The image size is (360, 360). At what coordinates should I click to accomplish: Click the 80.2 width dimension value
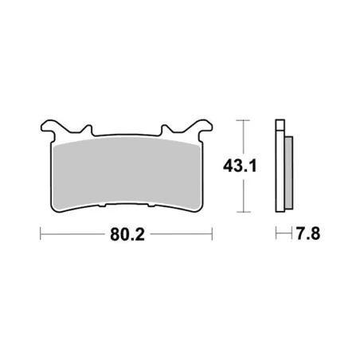[x=126, y=237]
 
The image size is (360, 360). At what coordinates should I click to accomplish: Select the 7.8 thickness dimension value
[x=309, y=237]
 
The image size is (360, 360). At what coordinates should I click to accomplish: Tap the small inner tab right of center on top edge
[x=166, y=130]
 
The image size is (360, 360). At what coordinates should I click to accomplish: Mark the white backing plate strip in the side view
[x=279, y=171]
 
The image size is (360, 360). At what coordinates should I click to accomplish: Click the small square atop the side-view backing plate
[x=279, y=125]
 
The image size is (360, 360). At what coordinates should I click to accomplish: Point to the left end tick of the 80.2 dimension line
[x=41, y=236]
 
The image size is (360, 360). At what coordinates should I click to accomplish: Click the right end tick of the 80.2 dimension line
[x=212, y=236]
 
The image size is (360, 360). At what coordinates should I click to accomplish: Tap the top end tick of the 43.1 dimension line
[x=244, y=121]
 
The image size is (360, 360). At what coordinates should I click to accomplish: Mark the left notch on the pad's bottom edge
[x=104, y=209]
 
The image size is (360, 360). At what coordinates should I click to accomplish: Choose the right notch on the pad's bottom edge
[x=148, y=209]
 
